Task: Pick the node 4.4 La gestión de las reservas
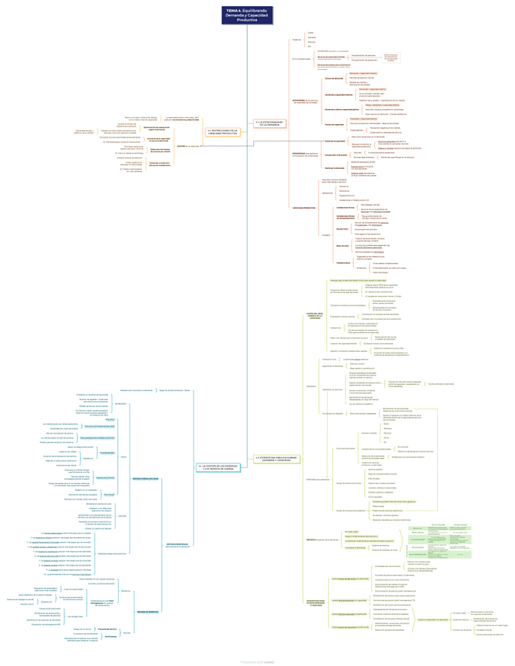[x=222, y=467]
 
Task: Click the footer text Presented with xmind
[x=257, y=661]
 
